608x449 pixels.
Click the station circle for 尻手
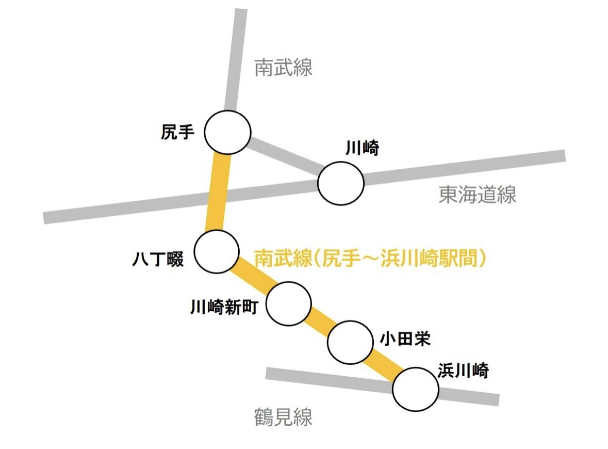[227, 132]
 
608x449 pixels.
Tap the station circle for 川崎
[340, 183]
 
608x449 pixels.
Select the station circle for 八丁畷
[217, 251]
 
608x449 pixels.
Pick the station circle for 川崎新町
[289, 303]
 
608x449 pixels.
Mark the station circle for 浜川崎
[415, 389]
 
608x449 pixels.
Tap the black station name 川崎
[362, 149]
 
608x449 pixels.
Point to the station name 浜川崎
[463, 371]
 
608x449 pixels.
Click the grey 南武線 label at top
[284, 68]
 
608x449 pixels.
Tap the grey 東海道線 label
[477, 195]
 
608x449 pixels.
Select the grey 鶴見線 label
[284, 417]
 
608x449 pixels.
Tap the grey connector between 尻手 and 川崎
[285, 156]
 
